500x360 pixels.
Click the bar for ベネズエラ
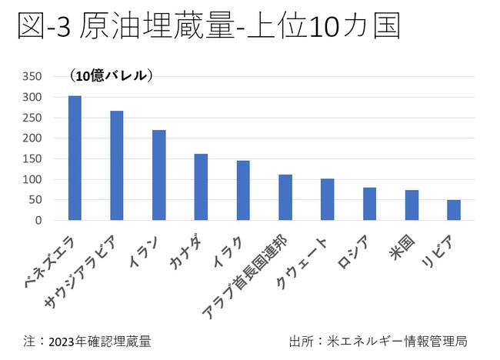(x=75, y=158)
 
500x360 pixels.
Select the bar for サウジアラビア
(x=117, y=165)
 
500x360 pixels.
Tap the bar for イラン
(x=159, y=175)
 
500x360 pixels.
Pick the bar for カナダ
(x=201, y=187)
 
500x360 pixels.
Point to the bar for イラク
(x=243, y=190)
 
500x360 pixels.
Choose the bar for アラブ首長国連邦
(x=285, y=197)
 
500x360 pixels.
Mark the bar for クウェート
(x=327, y=199)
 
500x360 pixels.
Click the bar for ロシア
(x=369, y=204)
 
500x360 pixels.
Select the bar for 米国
(x=412, y=205)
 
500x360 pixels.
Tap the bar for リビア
(x=454, y=210)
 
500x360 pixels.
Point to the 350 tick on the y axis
(x=32, y=77)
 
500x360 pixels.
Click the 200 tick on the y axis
(x=32, y=138)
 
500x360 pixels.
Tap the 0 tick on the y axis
(x=38, y=221)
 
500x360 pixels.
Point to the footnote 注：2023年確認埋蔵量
(x=86, y=341)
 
